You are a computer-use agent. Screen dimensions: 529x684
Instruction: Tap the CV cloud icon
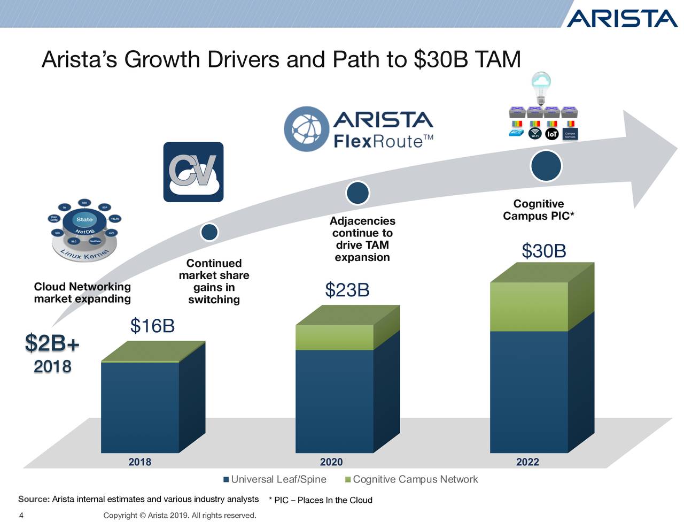[193, 172]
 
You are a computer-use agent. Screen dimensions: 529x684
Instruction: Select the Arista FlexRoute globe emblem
[306, 129]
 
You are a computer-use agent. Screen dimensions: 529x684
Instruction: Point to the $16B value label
[152, 325]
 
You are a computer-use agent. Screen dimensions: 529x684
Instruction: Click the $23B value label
[347, 290]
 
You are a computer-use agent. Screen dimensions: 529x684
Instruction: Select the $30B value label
[543, 251]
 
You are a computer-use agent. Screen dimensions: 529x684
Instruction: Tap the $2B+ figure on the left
[52, 343]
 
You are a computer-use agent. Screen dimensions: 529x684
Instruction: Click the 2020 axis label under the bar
[331, 462]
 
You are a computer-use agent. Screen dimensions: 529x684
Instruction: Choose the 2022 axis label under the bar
[527, 462]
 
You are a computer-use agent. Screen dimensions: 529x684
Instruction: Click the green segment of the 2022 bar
[528, 306]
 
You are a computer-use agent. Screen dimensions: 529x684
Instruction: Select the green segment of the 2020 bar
[334, 338]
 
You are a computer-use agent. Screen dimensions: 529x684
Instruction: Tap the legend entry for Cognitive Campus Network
[411, 479]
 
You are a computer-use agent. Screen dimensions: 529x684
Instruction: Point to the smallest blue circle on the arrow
[209, 232]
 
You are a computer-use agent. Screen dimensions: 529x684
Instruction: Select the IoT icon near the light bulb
[551, 134]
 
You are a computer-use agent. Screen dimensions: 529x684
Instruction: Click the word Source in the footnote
[34, 499]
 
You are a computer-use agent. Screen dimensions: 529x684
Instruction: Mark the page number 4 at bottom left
[21, 516]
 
